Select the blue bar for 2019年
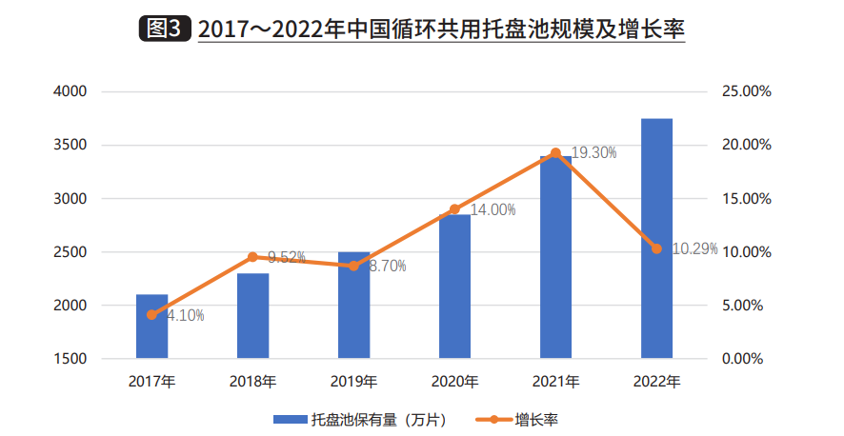click(x=353, y=306)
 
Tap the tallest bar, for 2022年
click(x=656, y=239)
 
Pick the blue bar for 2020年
click(x=454, y=287)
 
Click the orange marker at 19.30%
click(x=555, y=153)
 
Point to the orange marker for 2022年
click(x=656, y=249)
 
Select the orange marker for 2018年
click(x=252, y=257)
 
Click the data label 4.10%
click(x=185, y=315)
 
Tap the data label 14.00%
click(x=492, y=209)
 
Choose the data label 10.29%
click(x=694, y=249)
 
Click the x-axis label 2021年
click(x=555, y=382)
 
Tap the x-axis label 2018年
click(x=252, y=382)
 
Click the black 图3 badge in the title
click(x=163, y=29)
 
